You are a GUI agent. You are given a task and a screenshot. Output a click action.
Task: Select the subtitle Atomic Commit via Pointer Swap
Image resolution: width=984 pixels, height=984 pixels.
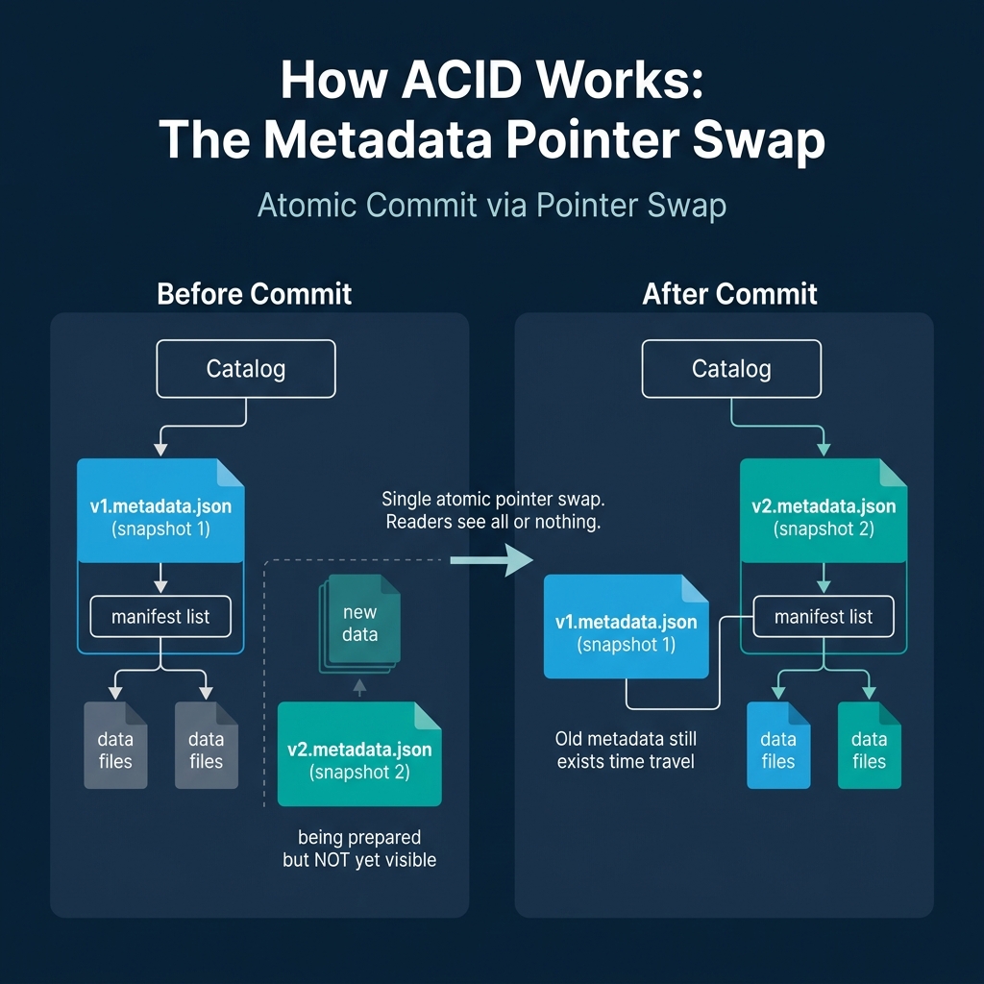pyautogui.click(x=491, y=205)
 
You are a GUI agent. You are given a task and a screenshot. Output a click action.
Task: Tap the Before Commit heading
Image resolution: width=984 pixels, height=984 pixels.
pyautogui.click(x=255, y=293)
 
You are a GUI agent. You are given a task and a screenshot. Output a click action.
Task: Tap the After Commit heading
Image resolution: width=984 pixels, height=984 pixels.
pyautogui.click(x=730, y=293)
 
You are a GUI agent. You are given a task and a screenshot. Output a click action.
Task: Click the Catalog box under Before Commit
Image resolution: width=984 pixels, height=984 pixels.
pyautogui.click(x=246, y=369)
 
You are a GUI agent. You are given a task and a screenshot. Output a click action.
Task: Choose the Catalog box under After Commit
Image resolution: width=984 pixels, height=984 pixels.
pyautogui.click(x=731, y=369)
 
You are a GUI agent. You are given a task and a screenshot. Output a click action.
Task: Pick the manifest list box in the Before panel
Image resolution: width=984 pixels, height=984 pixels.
pyautogui.click(x=160, y=616)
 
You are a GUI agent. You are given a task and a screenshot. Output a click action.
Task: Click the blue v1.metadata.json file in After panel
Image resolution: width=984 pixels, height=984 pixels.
pyautogui.click(x=626, y=627)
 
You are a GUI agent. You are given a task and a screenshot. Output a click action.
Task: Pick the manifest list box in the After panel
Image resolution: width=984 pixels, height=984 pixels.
pyautogui.click(x=824, y=616)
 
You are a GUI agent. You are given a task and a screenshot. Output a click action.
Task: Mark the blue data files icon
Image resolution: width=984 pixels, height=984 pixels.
pyautogui.click(x=778, y=746)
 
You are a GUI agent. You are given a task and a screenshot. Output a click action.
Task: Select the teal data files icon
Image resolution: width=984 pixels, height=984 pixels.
pyautogui.click(x=869, y=746)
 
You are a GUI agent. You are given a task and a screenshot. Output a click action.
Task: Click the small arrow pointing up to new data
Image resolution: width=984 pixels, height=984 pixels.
pyautogui.click(x=360, y=686)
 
